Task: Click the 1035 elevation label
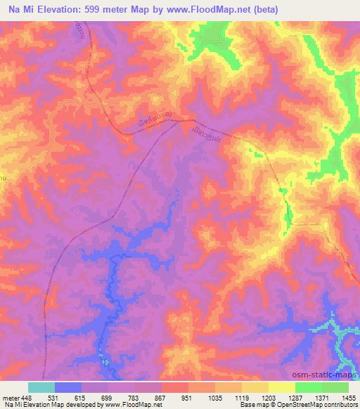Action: tap(214, 397)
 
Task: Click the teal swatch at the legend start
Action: tap(41, 387)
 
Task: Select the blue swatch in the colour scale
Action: tap(68, 387)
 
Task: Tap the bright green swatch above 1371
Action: tap(308, 387)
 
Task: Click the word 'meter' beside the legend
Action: tap(10, 397)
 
